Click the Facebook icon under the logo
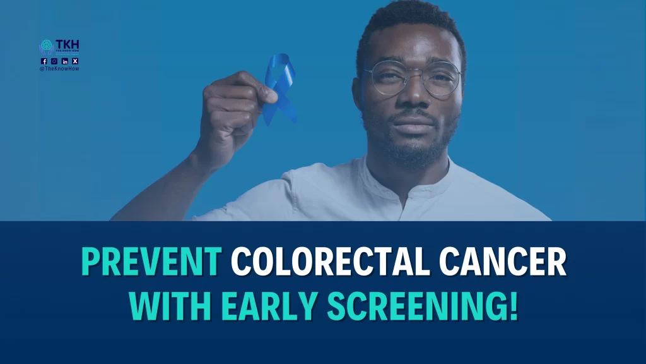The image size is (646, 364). coord(44,61)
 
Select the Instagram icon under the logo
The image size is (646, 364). coord(54,61)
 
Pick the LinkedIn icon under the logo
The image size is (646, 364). coord(65,61)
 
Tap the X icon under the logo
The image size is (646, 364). coord(75,61)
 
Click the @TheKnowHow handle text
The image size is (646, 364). coord(59,68)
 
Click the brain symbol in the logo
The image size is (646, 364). coord(47,46)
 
